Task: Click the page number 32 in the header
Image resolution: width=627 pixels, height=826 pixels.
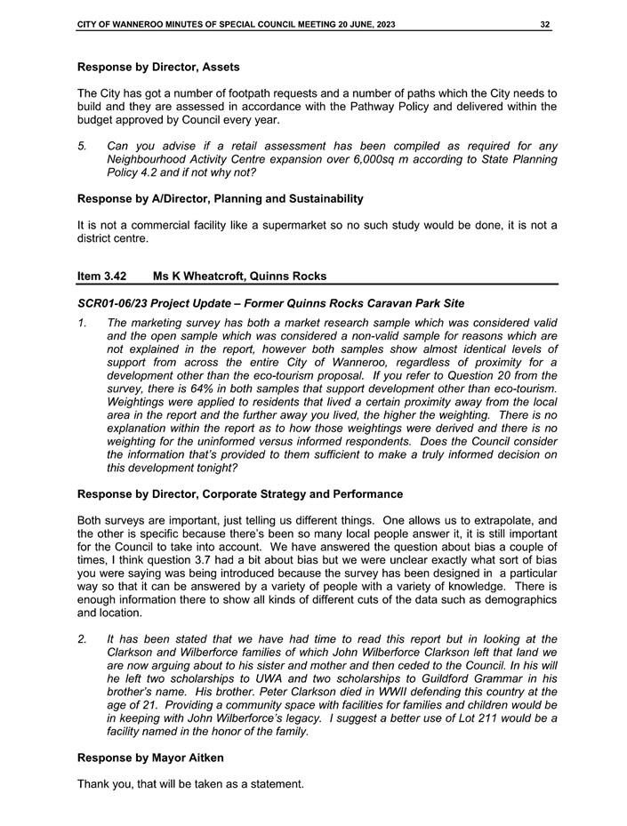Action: tap(544, 24)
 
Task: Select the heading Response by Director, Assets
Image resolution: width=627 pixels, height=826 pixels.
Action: tap(158, 67)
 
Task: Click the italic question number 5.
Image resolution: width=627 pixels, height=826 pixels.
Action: tap(82, 146)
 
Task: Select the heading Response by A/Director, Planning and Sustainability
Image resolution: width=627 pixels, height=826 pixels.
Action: tap(220, 198)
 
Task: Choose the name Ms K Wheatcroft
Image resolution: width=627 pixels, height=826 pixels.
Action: tap(204, 277)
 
